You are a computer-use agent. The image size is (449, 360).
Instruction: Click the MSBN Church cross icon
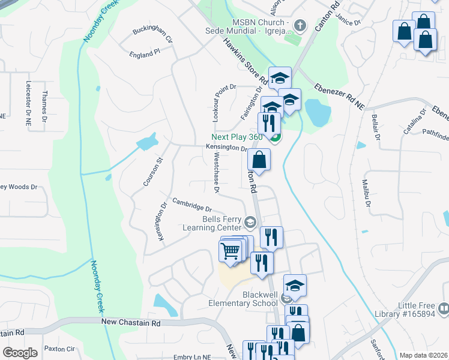coord(301,26)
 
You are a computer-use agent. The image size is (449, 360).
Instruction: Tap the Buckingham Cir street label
coord(152,35)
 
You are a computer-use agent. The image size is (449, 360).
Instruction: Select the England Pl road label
coord(145,53)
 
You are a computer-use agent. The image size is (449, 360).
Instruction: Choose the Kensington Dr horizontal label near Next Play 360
coord(226,148)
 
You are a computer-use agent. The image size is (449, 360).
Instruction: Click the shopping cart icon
coord(231,251)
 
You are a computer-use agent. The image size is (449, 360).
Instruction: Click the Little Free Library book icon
coord(444,309)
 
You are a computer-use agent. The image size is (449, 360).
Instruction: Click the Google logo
coord(20,352)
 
